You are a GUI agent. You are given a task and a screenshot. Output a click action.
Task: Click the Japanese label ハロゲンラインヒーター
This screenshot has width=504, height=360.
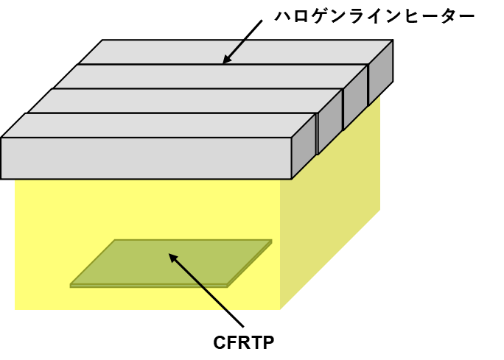[x=374, y=16]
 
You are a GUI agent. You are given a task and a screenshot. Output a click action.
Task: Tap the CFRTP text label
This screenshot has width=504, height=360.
[x=244, y=342]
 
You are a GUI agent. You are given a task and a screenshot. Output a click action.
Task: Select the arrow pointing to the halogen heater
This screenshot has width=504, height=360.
[x=242, y=42]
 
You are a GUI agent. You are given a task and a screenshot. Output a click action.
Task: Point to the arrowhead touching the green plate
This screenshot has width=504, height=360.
[x=173, y=258]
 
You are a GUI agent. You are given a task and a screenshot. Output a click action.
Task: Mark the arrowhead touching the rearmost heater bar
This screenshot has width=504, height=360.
[x=227, y=59]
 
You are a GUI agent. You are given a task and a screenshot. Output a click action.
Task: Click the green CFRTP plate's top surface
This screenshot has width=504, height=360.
[x=171, y=262]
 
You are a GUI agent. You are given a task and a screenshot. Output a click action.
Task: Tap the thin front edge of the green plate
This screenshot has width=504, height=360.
[x=149, y=286]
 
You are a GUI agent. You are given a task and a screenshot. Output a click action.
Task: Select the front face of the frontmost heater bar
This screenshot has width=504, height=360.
[x=146, y=158]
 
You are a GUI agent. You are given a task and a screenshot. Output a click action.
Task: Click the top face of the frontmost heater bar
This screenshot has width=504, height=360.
[x=158, y=126]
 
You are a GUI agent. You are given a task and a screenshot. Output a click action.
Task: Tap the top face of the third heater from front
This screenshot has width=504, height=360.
[x=210, y=77]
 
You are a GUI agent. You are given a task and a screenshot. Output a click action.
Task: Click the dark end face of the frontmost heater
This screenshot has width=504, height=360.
[x=304, y=147]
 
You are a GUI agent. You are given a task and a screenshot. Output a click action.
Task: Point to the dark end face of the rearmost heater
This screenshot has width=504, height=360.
[x=381, y=73]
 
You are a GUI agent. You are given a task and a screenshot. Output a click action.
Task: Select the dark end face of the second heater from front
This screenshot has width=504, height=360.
[x=330, y=122]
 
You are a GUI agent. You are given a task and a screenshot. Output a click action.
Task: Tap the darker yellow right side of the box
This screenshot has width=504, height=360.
[x=330, y=219]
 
